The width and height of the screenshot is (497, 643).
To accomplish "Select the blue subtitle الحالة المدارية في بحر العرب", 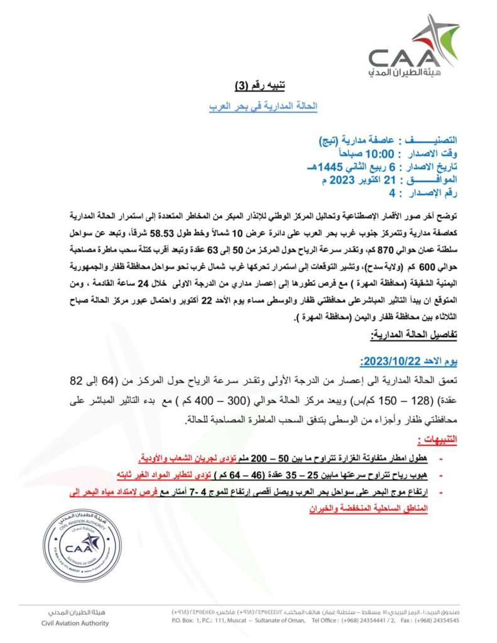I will click(x=263, y=106).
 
